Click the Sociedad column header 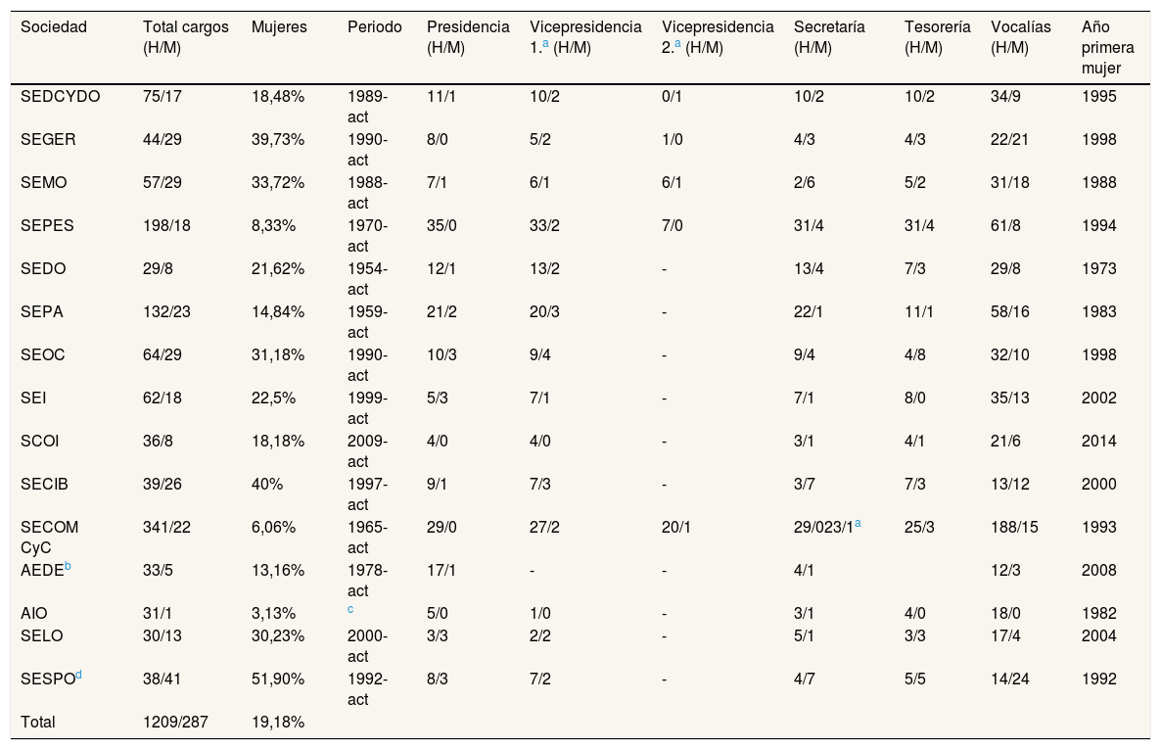point(53,27)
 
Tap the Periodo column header point(375,27)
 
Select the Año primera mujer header point(1108,47)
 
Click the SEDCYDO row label point(60,97)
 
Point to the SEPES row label point(47,226)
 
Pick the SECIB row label point(44,485)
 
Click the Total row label point(38,722)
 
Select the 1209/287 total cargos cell point(175,722)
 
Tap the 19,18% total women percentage point(278,722)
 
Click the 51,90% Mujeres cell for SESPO point(278,679)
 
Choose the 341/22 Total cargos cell point(166,527)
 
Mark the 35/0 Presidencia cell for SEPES point(442,226)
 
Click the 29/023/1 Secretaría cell point(823,527)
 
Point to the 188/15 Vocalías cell point(1014,527)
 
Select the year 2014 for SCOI point(1098,442)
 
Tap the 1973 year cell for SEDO point(1098,268)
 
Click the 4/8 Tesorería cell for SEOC point(915,355)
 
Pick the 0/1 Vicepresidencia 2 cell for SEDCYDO point(673,97)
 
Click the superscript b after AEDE point(68,566)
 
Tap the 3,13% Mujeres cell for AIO point(273,614)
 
